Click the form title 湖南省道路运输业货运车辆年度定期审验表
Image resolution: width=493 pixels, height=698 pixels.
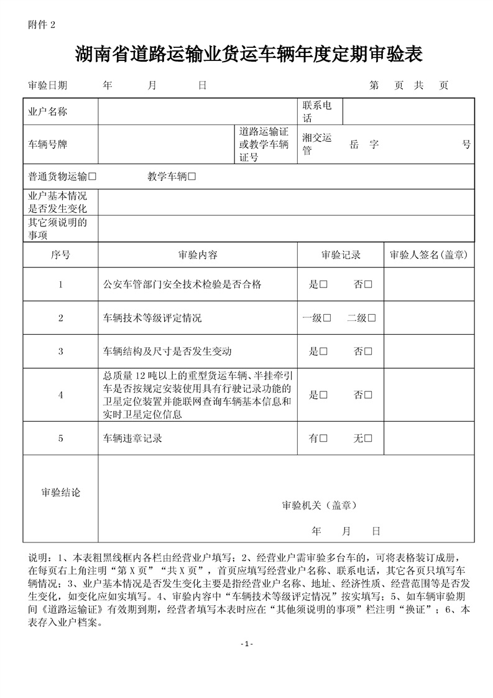(249, 54)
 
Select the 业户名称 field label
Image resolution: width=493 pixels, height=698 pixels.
(48, 112)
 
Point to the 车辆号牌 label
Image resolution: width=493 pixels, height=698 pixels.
(48, 144)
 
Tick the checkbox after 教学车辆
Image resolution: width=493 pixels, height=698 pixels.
(191, 176)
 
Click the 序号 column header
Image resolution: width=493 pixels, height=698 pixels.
(60, 255)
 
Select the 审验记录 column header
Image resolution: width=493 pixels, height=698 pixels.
(341, 255)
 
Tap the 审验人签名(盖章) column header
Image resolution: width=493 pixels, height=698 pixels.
(428, 255)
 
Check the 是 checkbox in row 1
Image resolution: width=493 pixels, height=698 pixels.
(323, 284)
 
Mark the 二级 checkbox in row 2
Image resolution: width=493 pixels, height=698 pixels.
(371, 318)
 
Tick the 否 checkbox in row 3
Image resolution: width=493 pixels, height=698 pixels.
(368, 351)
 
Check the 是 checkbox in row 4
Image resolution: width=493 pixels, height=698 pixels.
(323, 394)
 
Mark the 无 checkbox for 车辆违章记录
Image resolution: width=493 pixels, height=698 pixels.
(368, 439)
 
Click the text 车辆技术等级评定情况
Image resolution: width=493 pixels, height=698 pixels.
(152, 318)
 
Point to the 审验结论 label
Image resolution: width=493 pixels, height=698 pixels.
(60, 493)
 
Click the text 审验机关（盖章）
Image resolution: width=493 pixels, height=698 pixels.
(320, 505)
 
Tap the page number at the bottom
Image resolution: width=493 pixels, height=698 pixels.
(247, 643)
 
